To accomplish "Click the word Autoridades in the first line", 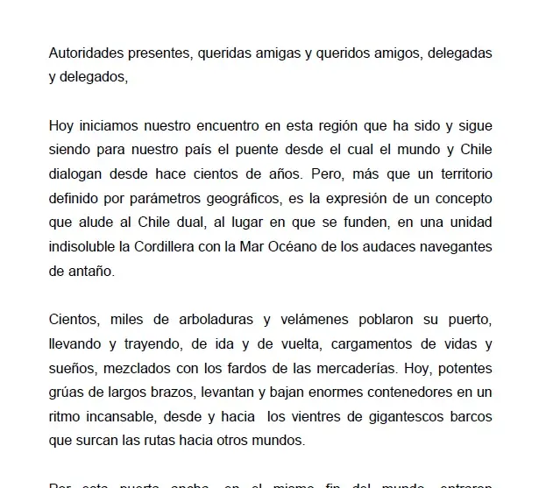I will click(86, 53).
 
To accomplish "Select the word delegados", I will click(95, 76).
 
